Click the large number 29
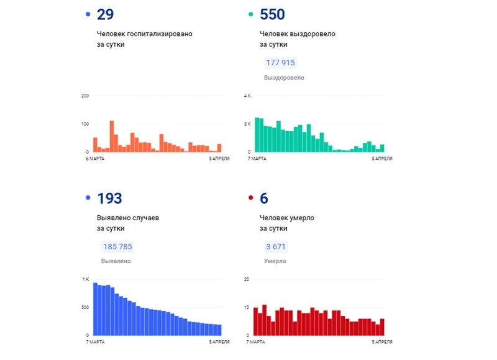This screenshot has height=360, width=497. pos(106,15)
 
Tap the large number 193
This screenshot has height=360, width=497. pos(109,199)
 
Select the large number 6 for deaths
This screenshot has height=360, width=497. pos(264,199)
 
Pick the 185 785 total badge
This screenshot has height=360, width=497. pos(117,247)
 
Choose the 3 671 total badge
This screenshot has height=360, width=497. pos(276,247)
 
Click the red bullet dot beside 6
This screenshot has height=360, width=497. pos(250,198)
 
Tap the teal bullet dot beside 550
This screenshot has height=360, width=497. pos(250,14)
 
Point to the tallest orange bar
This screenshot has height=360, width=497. pos(112,136)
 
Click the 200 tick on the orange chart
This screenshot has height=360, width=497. pos(85,96)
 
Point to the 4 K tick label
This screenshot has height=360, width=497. pos(247,96)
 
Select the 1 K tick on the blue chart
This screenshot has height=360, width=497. pos(86,280)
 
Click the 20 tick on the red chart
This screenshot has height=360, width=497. pos(247,280)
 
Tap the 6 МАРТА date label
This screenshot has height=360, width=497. pos(95,159)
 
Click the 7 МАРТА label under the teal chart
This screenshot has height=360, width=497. pos(256,159)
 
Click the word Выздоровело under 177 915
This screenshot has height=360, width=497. pos(284,78)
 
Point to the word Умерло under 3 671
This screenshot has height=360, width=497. pos(276,261)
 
